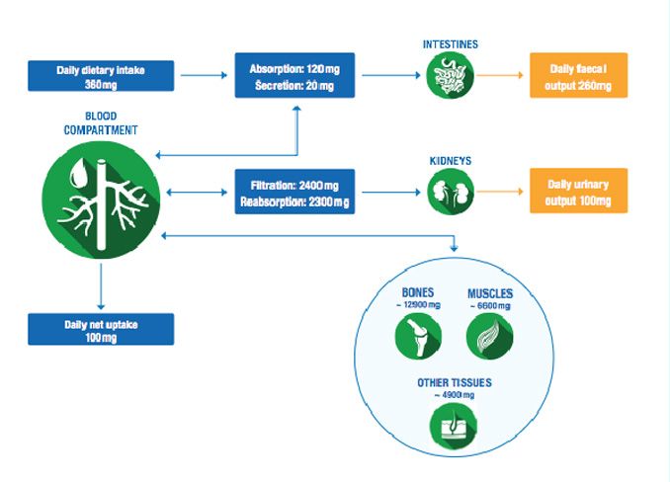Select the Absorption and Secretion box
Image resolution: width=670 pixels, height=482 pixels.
[294, 77]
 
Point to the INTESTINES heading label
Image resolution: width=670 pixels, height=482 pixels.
[450, 43]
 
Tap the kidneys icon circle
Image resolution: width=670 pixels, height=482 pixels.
[450, 192]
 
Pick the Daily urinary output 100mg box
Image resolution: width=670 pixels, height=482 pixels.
[578, 192]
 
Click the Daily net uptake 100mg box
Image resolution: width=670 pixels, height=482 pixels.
[102, 329]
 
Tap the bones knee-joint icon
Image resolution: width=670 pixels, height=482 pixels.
[418, 335]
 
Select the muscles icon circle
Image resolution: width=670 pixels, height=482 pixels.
[489, 335]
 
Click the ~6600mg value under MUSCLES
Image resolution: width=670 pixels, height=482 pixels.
[490, 306]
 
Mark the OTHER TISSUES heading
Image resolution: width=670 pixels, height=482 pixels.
[454, 382]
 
